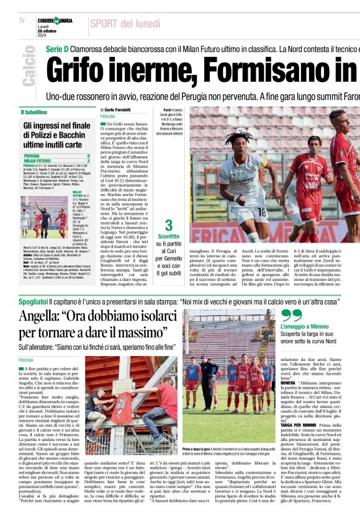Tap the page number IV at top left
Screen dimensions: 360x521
click(22, 21)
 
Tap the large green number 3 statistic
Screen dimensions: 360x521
click(168, 225)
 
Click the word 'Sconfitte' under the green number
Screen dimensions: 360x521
click(168, 236)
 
